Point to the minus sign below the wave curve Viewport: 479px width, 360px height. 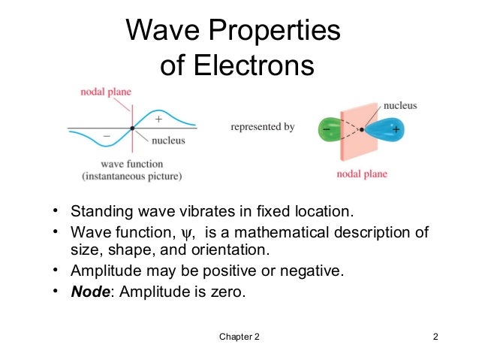point(107,138)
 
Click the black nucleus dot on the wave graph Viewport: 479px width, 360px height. point(132,128)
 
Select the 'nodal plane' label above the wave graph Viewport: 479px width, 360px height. point(106,92)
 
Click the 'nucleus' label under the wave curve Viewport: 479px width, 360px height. point(169,140)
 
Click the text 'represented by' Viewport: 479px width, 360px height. point(262,127)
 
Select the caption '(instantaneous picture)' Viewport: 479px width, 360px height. point(132,177)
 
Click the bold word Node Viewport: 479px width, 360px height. point(90,292)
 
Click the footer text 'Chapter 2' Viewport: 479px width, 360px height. point(239,336)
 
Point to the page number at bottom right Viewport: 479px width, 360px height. point(435,336)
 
